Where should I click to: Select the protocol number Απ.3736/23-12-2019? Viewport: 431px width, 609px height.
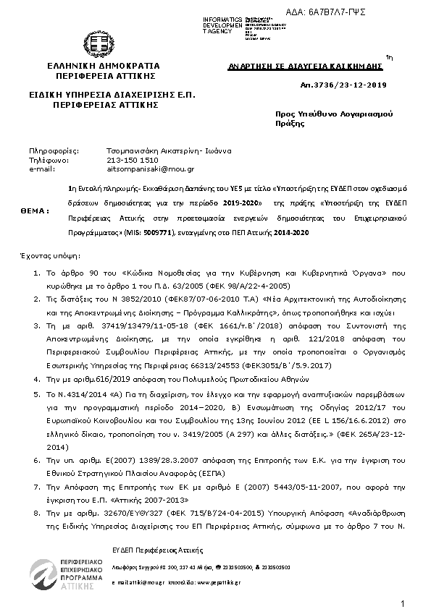(348, 85)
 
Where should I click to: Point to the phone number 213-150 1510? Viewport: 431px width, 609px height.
(133, 160)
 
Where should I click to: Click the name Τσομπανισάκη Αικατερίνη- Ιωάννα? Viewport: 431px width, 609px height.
(169, 151)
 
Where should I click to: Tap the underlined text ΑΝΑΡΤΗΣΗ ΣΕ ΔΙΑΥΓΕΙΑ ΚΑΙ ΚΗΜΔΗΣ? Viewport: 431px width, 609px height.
(305, 65)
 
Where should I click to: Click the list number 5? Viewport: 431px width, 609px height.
(38, 394)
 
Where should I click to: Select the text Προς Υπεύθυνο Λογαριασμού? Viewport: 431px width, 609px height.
(333, 114)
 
